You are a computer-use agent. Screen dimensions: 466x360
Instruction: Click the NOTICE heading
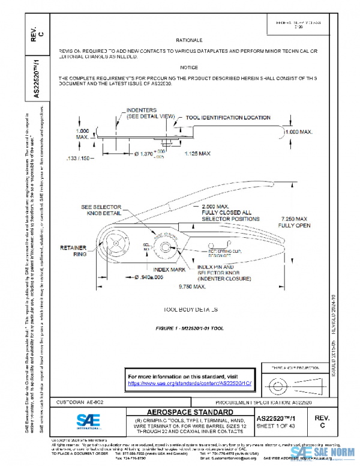pyautogui.click(x=188, y=67)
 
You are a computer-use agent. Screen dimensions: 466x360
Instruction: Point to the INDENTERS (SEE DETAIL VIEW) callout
pyautogui.click(x=149, y=115)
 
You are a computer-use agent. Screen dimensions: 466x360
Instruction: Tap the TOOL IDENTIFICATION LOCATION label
pyautogui.click(x=228, y=118)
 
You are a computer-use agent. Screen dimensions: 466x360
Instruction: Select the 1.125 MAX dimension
pyautogui.click(x=197, y=154)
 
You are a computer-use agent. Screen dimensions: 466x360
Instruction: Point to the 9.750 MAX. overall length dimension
pyautogui.click(x=192, y=287)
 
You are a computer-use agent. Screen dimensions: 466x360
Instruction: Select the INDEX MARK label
pyautogui.click(x=153, y=270)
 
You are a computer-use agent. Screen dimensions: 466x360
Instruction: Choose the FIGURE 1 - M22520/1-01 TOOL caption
pyautogui.click(x=188, y=329)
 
